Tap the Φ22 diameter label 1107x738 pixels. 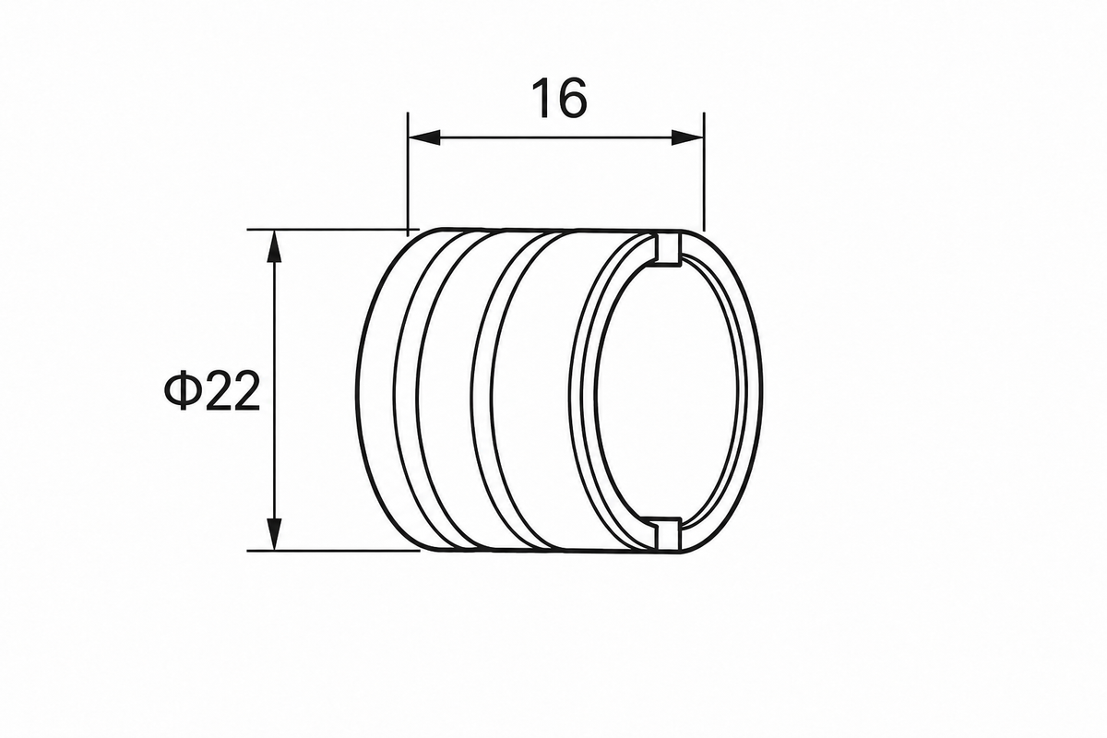[212, 391]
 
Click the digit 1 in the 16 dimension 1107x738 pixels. [544, 99]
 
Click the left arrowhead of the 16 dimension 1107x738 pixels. [424, 137]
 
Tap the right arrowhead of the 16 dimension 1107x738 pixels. [687, 137]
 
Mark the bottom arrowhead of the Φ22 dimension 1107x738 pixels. [274, 534]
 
